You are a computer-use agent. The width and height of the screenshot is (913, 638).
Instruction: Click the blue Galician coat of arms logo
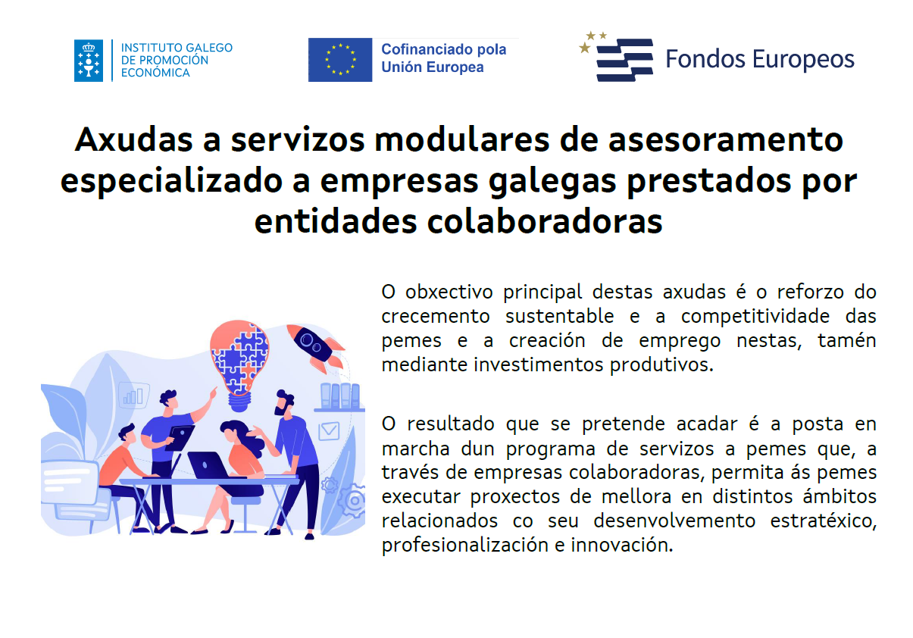[89, 61]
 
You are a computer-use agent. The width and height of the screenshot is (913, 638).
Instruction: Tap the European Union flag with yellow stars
[340, 60]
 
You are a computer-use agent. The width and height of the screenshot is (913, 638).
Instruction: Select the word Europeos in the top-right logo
[803, 60]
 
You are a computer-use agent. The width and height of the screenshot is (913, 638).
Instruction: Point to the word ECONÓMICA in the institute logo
[155, 73]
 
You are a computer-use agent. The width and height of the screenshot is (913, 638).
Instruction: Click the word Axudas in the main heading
[133, 140]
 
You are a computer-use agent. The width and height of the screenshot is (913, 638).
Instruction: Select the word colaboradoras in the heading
[544, 222]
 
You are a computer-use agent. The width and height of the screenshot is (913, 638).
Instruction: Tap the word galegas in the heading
[552, 182]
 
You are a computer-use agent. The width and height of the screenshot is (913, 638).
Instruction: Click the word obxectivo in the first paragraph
[449, 292]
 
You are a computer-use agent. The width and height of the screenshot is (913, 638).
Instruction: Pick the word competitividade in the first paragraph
[755, 317]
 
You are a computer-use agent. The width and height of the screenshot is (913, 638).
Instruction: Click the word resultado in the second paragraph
[451, 424]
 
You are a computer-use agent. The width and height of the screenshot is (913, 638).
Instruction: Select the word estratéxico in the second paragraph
[823, 521]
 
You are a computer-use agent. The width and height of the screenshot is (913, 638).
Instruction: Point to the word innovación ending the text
[621, 545]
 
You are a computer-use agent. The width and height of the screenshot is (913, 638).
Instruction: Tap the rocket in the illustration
[316, 346]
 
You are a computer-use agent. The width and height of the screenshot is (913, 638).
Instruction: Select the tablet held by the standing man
[180, 437]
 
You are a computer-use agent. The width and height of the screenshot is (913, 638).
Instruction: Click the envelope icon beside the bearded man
[329, 431]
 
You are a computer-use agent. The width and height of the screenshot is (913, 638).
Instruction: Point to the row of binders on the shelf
[340, 396]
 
